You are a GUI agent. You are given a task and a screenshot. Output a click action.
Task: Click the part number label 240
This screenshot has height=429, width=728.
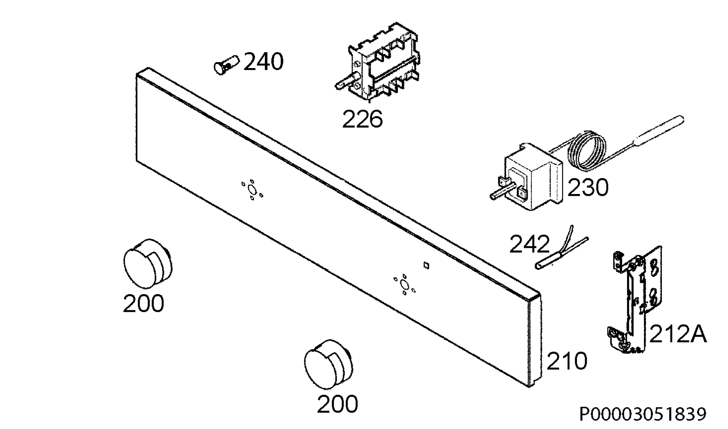[263, 62]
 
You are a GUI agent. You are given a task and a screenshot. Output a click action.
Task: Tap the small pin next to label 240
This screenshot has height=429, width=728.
[226, 65]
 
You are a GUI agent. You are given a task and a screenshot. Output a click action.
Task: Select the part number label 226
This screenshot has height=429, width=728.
[362, 119]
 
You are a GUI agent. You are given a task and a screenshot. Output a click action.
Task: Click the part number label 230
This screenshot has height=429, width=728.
[588, 187]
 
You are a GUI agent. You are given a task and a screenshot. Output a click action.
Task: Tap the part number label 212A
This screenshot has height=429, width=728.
[678, 334]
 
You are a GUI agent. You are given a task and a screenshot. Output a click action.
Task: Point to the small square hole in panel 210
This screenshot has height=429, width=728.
[426, 266]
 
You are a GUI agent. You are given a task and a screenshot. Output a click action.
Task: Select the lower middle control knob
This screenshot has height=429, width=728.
[329, 364]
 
